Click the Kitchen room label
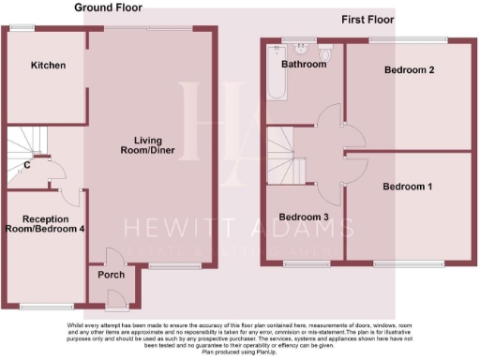[x=48, y=66]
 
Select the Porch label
[x=112, y=275]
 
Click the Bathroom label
[x=306, y=65]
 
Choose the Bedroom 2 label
[x=407, y=70]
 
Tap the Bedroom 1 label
[x=407, y=187]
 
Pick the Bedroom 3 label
[x=306, y=217]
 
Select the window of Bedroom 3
[x=307, y=262]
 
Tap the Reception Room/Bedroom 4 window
[x=46, y=307]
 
